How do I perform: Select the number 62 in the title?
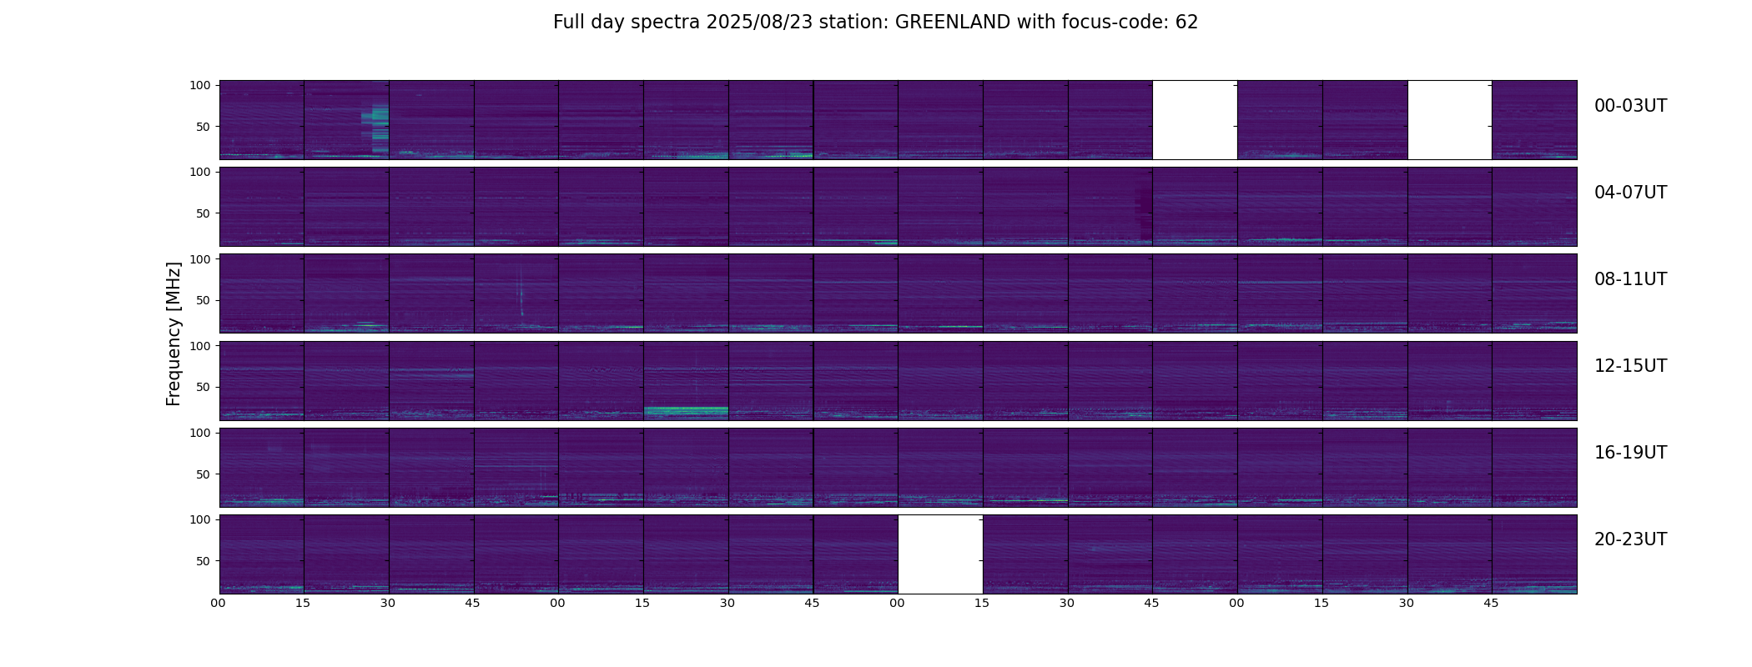coord(1186,23)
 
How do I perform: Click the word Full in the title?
coord(569,23)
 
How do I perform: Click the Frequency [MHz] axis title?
coord(174,333)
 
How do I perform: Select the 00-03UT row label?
coord(1630,106)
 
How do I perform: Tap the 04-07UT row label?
coord(1630,193)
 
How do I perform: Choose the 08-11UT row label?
coord(1630,279)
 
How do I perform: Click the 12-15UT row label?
coord(1630,366)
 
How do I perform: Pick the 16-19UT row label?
coord(1630,453)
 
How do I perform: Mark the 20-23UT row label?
coord(1630,539)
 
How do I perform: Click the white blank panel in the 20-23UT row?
coord(940,554)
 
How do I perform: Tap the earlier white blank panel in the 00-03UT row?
coord(1195,120)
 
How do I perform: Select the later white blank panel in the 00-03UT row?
coord(1449,120)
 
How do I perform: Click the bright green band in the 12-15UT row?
coord(686,410)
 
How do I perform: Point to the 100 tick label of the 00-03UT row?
coord(200,85)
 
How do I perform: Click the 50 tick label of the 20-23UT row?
coord(204,561)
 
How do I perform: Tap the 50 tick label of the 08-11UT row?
coord(204,300)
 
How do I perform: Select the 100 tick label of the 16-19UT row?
coord(200,433)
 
